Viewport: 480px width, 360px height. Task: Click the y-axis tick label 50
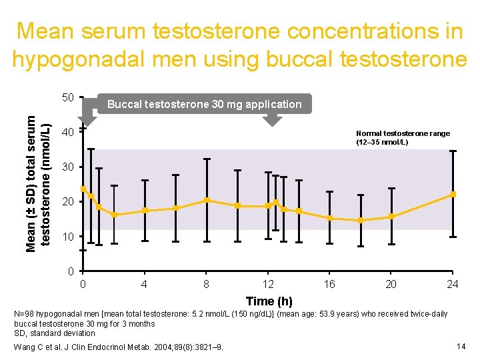coord(67,98)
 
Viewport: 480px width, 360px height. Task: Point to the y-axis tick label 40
coord(67,133)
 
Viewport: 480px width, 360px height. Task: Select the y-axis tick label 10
coord(67,237)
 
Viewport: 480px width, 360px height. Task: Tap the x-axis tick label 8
coord(207,285)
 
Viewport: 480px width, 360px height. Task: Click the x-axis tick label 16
coord(329,285)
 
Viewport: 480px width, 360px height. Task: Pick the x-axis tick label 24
coord(453,285)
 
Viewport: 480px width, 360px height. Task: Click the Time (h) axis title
coord(269,301)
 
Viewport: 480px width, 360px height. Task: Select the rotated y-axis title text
coord(37,180)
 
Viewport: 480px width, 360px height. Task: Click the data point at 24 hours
coord(453,194)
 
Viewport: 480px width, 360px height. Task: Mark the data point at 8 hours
coord(207,200)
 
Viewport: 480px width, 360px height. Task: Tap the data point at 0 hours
coord(83,189)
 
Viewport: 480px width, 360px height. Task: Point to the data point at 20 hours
coord(391,216)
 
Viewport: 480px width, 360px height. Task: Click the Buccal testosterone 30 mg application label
coord(204,104)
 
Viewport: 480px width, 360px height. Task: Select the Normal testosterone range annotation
coord(403,138)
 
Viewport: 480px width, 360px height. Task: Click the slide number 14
coord(460,346)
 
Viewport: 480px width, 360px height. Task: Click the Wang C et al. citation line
coord(119,347)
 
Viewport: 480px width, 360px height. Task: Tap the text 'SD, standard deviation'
coord(55,333)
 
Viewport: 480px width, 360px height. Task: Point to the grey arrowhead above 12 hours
coord(271,120)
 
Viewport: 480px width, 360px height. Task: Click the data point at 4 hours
coord(145,211)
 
